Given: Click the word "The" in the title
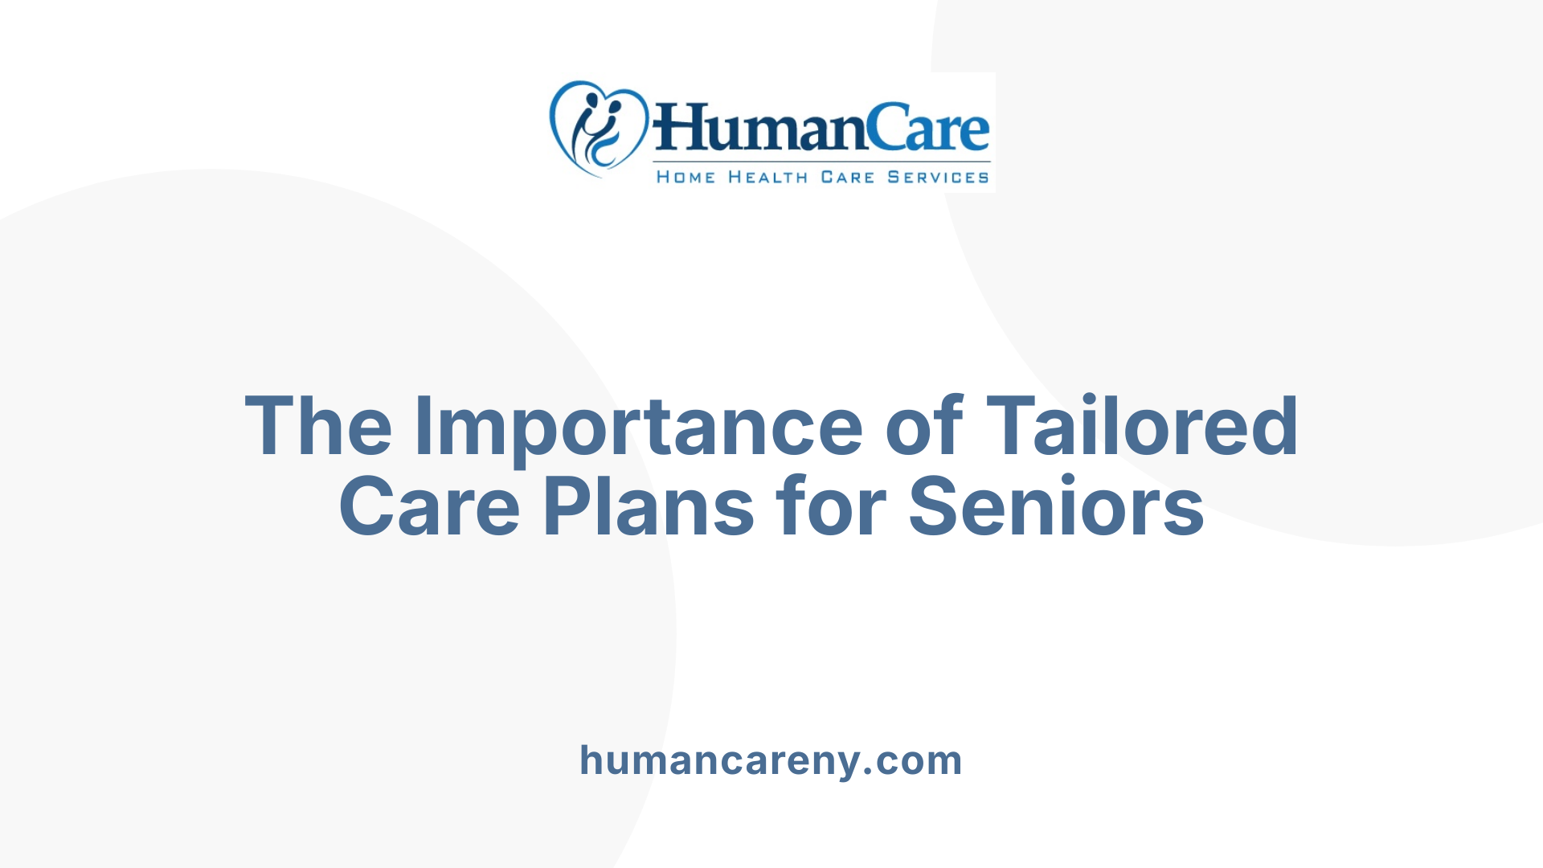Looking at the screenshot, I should (x=318, y=426).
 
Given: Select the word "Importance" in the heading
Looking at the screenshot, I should (x=638, y=428).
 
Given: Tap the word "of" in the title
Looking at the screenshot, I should (x=923, y=426).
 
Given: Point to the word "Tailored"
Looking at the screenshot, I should (x=1141, y=426).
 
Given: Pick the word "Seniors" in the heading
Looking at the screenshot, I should (x=1056, y=506).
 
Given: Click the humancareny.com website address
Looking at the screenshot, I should (x=771, y=760).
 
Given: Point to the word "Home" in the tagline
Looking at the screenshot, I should (x=686, y=177).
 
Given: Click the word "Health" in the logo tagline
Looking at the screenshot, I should (x=767, y=177).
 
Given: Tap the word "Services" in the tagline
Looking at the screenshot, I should (x=938, y=177).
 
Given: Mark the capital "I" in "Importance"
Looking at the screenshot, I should (x=423, y=426).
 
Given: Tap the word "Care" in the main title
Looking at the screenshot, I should (x=429, y=506).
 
